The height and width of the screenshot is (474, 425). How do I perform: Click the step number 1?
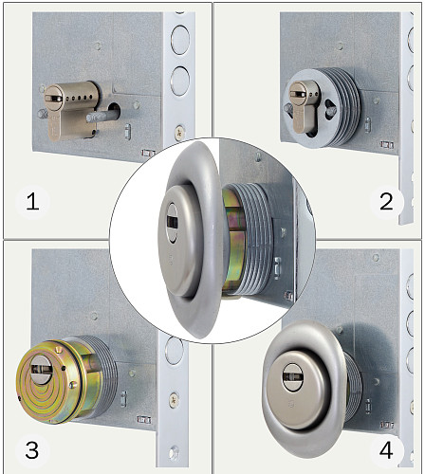coord(32,202)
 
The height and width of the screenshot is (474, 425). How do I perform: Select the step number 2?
coord(386,202)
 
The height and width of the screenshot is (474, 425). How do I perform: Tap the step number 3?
coord(32,450)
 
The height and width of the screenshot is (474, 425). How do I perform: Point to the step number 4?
coord(386,450)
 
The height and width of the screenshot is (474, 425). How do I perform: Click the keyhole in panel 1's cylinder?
coord(53,99)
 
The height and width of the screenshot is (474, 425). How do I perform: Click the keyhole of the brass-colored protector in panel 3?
coord(41,370)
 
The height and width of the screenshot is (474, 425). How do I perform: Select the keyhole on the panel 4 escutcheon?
coord(292,376)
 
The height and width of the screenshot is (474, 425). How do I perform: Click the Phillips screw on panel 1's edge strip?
coord(180,132)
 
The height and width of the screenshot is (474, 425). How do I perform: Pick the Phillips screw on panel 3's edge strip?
coord(174,400)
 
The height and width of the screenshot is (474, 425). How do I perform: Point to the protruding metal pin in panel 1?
coord(100,117)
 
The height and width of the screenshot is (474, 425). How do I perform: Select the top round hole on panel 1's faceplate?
coord(180,39)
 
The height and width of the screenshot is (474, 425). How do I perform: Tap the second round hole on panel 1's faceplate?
coord(180,81)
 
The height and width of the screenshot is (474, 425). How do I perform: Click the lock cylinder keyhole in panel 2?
coord(298,94)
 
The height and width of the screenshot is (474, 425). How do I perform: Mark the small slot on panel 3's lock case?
coord(123,399)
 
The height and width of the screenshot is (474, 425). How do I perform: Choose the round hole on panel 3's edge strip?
coord(174,350)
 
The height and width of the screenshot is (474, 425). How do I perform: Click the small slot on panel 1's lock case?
coord(127,131)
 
